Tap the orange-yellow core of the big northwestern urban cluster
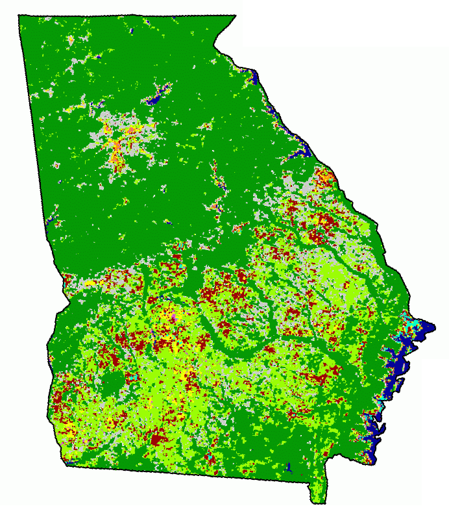[116, 151]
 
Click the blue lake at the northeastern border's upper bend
[254, 79]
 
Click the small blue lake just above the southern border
[289, 467]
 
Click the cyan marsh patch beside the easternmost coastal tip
[410, 322]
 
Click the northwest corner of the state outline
[19, 17]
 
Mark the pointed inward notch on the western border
[69, 301]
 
